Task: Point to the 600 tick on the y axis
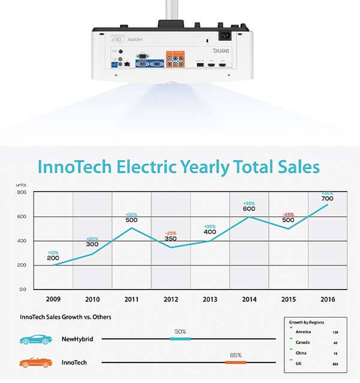pos(22,216)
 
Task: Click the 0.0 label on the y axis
pos(22,289)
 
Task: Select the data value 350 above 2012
pos(170,239)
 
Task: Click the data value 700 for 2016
pos(327,198)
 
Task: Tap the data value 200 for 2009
pos(53,258)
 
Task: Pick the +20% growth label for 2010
pos(92,238)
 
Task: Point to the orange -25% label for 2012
pos(170,233)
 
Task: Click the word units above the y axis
pos(22,186)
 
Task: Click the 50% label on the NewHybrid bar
pos(180,331)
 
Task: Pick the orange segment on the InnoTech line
pos(235,362)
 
